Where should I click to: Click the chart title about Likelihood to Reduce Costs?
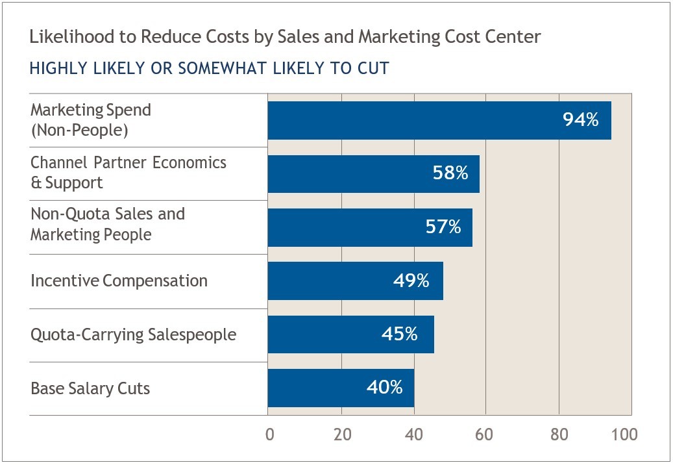click(285, 37)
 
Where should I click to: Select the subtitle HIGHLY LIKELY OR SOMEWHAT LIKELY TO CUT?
click(209, 68)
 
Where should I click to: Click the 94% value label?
click(581, 119)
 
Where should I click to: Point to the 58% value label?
click(450, 173)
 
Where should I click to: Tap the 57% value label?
click(443, 227)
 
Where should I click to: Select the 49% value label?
click(411, 281)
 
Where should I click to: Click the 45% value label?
click(399, 334)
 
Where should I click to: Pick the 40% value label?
click(384, 388)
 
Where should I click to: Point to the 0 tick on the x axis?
click(270, 434)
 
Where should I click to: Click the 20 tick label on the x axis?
click(342, 434)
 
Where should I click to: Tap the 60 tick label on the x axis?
click(485, 434)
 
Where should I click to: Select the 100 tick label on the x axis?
click(625, 434)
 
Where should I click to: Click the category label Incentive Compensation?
click(119, 281)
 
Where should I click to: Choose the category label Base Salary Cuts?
click(90, 388)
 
